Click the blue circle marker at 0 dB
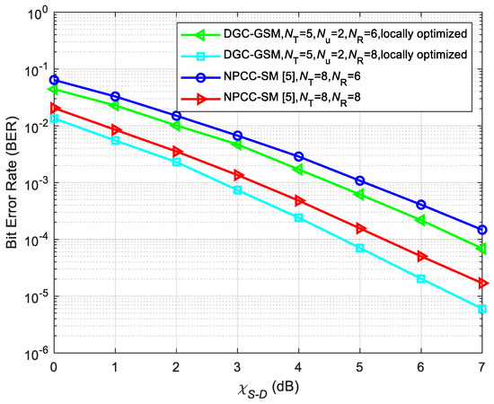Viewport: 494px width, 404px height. tap(54, 80)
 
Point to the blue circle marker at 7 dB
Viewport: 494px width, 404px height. tap(482, 230)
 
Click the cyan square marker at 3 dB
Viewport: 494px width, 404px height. tap(237, 190)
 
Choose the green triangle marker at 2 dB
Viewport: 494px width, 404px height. tap(176, 126)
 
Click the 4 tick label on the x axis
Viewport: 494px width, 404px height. tap(299, 368)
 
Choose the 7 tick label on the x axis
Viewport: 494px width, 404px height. tap(482, 368)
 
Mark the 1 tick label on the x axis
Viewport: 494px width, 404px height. tap(115, 368)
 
